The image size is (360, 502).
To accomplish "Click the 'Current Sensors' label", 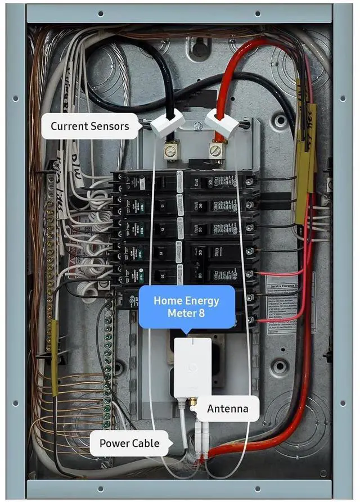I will point(90,126).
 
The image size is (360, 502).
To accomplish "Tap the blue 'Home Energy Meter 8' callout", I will point(186,306).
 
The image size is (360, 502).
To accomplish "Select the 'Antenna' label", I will point(227,408).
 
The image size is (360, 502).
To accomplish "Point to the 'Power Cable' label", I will point(129,443).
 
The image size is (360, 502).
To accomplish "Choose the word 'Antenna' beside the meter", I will point(227,408).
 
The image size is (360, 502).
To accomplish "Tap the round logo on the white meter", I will point(193,365).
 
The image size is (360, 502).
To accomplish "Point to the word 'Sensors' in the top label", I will point(110,126).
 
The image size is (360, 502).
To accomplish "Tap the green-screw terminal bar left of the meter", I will point(107,360).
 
